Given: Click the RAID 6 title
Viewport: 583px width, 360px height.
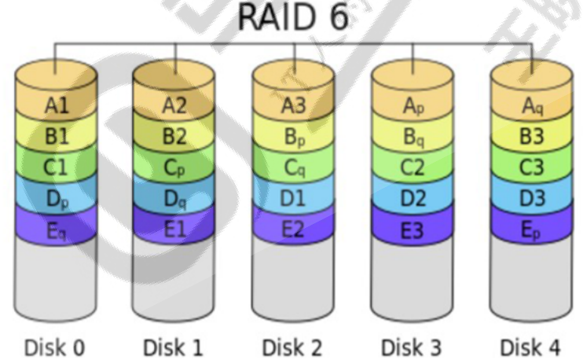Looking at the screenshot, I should (292, 20).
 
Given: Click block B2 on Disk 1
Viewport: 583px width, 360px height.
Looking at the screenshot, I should (175, 135).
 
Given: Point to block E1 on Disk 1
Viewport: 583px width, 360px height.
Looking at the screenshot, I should (175, 229).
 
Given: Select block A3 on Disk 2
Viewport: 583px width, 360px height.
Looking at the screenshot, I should (294, 105).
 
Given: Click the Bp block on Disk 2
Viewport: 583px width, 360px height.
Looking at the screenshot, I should (294, 135).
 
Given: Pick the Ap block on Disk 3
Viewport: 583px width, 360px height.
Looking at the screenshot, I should (412, 105).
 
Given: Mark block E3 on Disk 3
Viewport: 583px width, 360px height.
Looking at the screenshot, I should (412, 229).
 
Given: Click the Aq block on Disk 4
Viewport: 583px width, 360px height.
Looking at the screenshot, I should (532, 105).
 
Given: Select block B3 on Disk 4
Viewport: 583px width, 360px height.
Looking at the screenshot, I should (532, 135).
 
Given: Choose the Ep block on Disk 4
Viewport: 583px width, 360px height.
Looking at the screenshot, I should (532, 229).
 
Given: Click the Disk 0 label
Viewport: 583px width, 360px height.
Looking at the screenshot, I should (54, 346).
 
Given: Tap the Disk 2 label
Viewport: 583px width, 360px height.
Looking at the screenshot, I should (292, 346).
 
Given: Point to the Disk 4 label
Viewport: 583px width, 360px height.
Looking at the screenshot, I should (531, 346).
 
